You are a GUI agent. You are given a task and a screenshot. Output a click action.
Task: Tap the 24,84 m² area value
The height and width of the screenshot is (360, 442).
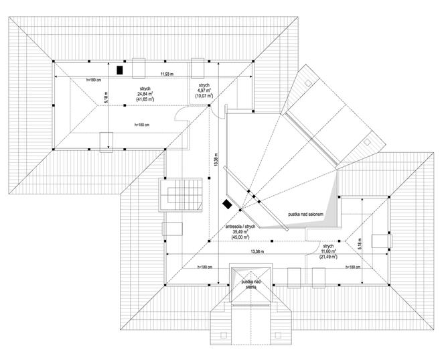coord(143,93)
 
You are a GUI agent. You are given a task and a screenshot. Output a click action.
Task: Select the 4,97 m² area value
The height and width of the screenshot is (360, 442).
coord(204,89)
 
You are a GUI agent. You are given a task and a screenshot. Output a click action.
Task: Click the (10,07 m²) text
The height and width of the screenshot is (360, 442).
coord(204,96)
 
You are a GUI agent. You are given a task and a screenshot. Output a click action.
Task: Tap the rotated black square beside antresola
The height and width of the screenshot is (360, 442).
coord(228,203)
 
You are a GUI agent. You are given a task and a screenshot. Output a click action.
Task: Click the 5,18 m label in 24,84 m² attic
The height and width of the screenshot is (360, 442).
coord(106,98)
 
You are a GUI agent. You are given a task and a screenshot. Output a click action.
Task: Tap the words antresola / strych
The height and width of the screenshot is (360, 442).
coord(242,227)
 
